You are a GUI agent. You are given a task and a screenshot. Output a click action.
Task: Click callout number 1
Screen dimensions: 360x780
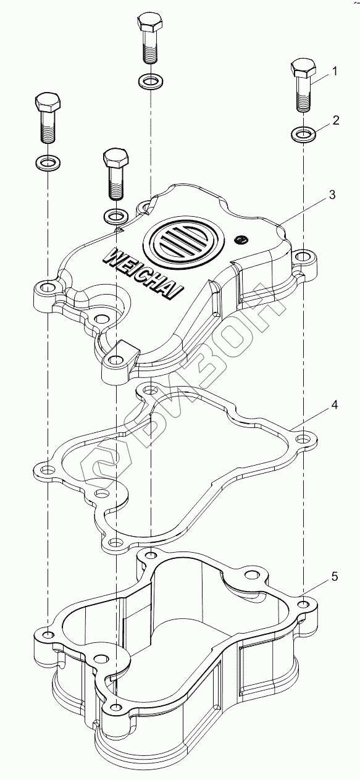[335, 71]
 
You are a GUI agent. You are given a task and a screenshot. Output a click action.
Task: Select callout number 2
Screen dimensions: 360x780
[336, 120]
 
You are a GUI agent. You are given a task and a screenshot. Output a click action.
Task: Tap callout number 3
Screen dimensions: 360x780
[332, 195]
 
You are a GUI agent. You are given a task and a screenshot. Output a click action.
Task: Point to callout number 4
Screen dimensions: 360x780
[334, 405]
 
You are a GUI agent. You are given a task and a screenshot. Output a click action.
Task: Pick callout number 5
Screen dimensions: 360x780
[334, 577]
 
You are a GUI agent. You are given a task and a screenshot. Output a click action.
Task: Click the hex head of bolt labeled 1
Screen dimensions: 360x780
[303, 69]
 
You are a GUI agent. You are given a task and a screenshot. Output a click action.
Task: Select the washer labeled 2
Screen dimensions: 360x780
[303, 133]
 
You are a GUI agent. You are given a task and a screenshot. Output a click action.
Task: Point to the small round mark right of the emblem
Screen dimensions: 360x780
[241, 240]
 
